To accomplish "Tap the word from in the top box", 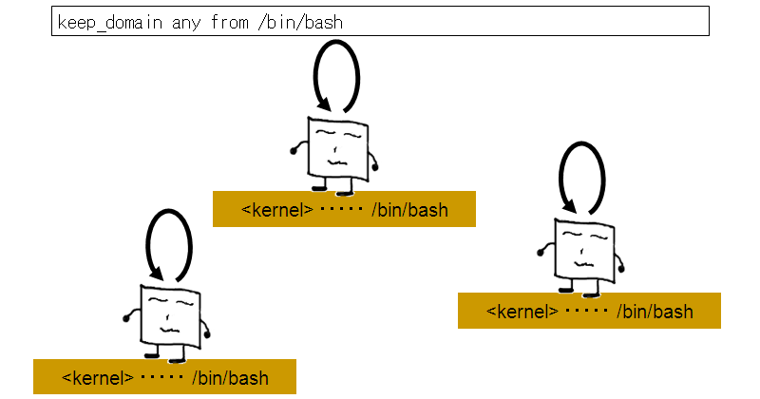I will coord(228,22).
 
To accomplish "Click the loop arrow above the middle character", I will coord(336,75).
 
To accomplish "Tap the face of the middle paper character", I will coord(338,147).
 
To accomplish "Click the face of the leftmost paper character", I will coord(171,314).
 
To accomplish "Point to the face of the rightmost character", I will coord(583,249).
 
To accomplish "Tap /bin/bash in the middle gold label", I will coord(409,210).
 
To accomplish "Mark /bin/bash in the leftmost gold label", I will coord(230,378).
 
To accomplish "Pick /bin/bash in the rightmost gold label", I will coord(655,311).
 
